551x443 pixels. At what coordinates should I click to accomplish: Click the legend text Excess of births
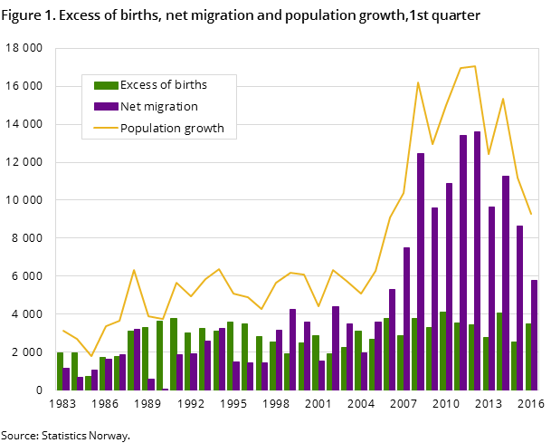(164, 85)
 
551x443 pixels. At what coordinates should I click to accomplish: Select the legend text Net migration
(158, 107)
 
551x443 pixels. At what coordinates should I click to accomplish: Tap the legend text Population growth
(172, 128)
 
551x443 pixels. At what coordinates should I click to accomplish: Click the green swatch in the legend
(106, 85)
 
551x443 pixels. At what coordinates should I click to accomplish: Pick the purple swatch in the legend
(106, 107)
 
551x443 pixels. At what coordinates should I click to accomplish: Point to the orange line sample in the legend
(106, 128)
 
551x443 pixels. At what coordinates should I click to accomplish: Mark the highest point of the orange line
(474, 66)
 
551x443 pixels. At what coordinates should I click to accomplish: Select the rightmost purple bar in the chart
(534, 335)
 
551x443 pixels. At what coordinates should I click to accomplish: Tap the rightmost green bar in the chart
(527, 357)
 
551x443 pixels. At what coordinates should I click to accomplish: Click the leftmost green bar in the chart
(61, 371)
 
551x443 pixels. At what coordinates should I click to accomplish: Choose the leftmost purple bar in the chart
(67, 379)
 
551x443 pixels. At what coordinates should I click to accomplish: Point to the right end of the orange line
(531, 214)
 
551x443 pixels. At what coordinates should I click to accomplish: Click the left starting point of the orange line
(63, 331)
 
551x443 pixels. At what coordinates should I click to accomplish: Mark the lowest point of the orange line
(91, 356)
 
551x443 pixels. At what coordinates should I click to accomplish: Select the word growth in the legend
(204, 128)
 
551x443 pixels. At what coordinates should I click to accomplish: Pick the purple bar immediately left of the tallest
(463, 263)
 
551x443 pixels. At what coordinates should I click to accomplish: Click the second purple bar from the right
(519, 308)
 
